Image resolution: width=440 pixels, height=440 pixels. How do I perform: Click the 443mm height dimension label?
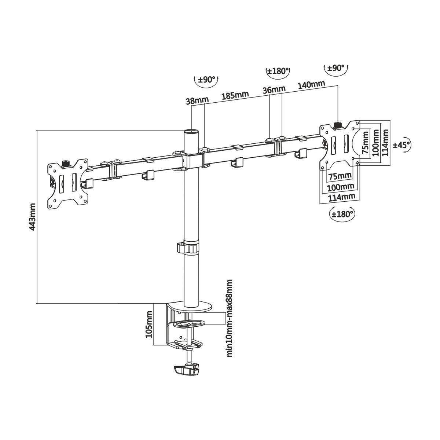tap(32, 217)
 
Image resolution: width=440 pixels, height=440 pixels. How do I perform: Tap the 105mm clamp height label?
tap(149, 324)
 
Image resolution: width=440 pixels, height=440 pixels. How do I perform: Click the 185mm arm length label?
tap(235, 95)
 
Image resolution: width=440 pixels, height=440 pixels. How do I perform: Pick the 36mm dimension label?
tap(274, 89)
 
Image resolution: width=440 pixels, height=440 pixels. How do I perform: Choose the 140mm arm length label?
tap(311, 84)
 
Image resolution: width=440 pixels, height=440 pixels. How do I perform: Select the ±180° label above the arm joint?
tap(278, 71)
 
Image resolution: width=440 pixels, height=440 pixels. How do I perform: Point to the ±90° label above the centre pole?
tap(206, 80)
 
